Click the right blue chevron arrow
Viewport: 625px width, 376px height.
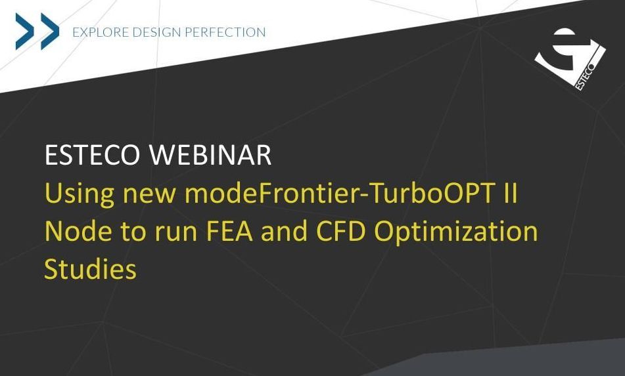pos(50,31)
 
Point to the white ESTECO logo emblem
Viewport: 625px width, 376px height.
pos(570,59)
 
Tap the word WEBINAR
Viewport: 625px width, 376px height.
pos(210,155)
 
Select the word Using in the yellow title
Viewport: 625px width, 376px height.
pos(80,194)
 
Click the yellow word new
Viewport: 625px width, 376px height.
pos(149,196)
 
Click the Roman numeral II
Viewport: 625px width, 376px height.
pos(509,194)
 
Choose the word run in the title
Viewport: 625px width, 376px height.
pos(177,234)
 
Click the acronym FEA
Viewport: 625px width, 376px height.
pos(229,231)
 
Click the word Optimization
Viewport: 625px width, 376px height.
pos(455,232)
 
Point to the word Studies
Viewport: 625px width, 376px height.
pos(91,269)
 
